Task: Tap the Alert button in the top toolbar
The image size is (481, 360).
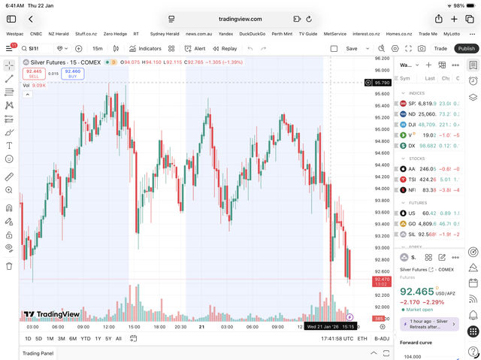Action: tap(195, 48)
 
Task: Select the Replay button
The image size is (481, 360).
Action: tap(225, 48)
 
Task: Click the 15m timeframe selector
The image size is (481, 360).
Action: tap(98, 48)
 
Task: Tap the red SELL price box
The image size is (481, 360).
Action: tap(33, 73)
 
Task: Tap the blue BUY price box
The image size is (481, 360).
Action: tap(73, 73)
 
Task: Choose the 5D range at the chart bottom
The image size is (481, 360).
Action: tap(39, 338)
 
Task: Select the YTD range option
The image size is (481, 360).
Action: tap(86, 338)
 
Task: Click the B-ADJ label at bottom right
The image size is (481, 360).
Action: tap(381, 338)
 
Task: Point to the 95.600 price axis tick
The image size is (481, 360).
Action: tap(381, 94)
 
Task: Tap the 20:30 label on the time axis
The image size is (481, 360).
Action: tap(181, 327)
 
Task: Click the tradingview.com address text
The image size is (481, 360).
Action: tap(240, 19)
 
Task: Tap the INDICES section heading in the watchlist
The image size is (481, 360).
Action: tap(416, 93)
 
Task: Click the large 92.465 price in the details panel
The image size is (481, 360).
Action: tap(417, 291)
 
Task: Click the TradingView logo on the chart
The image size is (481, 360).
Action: tap(51, 315)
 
